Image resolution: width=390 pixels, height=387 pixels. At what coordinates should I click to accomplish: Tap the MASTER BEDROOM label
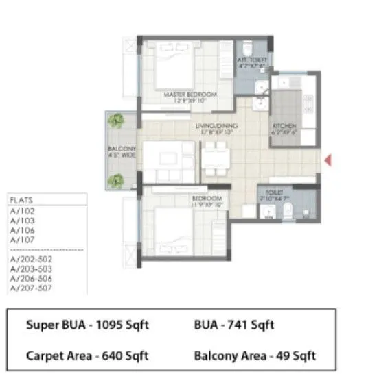pyautogui.click(x=190, y=94)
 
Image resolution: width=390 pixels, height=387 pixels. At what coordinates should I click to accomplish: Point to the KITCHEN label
pyautogui.click(x=284, y=127)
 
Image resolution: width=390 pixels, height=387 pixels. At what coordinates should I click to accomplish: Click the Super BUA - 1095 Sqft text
pyautogui.click(x=87, y=325)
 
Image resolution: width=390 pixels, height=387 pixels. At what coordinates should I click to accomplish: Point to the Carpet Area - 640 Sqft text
pyautogui.click(x=87, y=355)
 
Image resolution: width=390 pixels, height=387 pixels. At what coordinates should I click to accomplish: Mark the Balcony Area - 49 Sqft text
pyautogui.click(x=254, y=355)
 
